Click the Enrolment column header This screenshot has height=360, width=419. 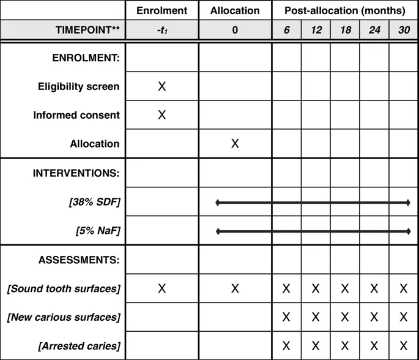tap(162, 10)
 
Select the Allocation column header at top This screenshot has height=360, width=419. tap(235, 10)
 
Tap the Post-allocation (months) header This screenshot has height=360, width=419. tap(345, 10)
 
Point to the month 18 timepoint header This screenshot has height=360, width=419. tap(345, 29)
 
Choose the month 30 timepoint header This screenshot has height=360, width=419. tap(403, 29)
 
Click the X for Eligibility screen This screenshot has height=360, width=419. tap(162, 87)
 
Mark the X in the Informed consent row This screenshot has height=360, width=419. tap(162, 115)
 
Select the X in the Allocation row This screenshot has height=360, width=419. tap(235, 144)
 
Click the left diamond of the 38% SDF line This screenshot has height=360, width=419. tap(218, 202)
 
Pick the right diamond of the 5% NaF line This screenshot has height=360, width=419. tap(408, 231)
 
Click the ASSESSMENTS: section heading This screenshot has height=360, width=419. tap(79, 260)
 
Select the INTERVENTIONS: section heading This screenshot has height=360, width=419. tap(76, 173)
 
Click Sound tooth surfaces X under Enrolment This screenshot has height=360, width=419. tap(162, 288)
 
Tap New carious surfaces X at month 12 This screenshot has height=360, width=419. tap(316, 317)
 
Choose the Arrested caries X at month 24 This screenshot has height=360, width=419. tap(374, 346)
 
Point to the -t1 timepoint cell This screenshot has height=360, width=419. tap(162, 30)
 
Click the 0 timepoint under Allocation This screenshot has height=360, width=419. tap(235, 29)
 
